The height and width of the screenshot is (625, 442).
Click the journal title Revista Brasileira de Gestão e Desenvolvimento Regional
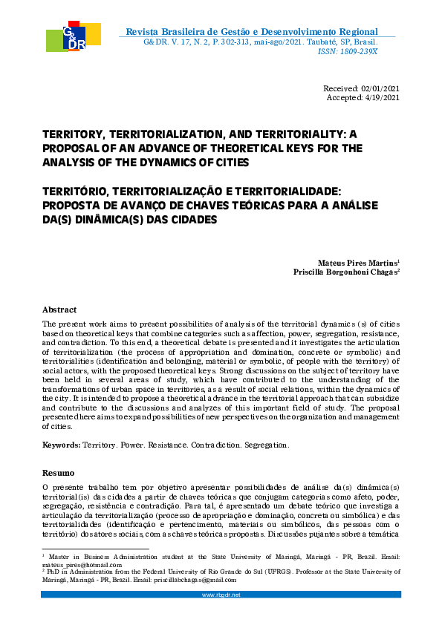tap(252, 31)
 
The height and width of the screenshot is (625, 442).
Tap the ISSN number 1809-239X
tap(358, 51)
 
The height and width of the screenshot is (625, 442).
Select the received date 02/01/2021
tap(380, 89)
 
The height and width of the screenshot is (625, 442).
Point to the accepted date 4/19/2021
tap(382, 98)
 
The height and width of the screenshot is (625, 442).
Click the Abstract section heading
tap(59, 310)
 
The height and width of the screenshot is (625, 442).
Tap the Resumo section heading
tap(58, 472)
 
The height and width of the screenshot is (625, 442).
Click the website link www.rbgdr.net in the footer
tap(221, 595)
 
